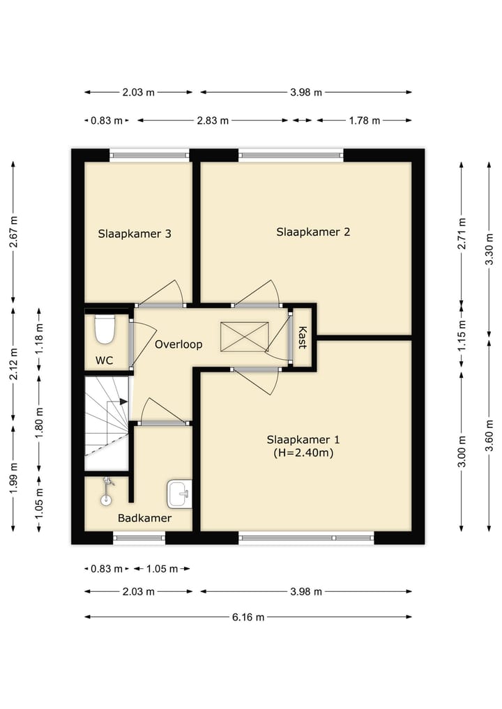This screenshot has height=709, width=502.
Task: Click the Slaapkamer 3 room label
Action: coord(135,234)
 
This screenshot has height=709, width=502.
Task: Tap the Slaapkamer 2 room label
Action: coord(313,232)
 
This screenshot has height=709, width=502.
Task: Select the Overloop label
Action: coord(178,344)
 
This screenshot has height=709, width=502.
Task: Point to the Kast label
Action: coord(302,337)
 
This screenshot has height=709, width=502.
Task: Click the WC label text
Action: coord(104,360)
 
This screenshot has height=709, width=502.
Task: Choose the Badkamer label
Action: coord(144,518)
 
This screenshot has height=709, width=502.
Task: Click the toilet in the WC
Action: coord(105,328)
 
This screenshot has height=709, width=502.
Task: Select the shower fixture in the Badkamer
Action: coord(107,490)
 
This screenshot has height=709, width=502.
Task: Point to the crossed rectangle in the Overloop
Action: coord(244,337)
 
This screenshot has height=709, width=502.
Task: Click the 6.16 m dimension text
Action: coord(248,617)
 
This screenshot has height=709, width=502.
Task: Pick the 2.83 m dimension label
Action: coord(213,121)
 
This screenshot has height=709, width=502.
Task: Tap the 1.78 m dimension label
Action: coord(364,121)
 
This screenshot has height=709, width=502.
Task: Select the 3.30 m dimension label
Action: coord(489,250)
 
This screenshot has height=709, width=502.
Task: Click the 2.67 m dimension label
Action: coord(13,231)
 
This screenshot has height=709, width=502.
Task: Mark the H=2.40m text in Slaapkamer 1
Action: coord(303,452)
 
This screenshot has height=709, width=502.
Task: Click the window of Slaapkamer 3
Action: coord(150,155)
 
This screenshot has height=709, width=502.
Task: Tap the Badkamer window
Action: coord(139,538)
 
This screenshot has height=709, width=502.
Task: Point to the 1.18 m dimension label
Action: coord(39,339)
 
